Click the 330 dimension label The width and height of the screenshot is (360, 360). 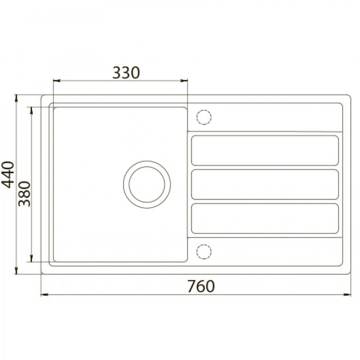coord(126,73)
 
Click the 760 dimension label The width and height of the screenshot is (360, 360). coord(201,286)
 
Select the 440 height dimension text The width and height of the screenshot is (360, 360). coord(8,175)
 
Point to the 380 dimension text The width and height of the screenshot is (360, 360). coord(24,194)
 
